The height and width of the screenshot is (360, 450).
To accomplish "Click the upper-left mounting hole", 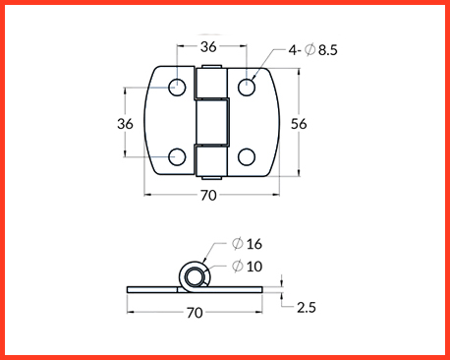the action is (x=177, y=88).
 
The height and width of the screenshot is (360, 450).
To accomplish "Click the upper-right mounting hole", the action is (x=247, y=88).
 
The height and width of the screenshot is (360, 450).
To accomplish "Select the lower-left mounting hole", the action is (x=177, y=156).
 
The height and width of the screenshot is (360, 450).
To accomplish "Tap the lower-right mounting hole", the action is (x=247, y=156).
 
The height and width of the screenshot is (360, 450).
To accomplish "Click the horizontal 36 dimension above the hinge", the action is (x=208, y=47).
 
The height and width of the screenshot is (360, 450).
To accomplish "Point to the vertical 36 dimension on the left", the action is (x=125, y=124).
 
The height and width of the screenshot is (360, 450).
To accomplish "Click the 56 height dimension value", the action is (x=299, y=124).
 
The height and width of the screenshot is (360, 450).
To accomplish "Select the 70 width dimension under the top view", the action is (x=208, y=196).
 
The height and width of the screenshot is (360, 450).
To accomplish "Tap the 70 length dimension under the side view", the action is (x=195, y=313).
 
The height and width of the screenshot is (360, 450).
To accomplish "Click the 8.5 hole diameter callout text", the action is (x=328, y=50).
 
